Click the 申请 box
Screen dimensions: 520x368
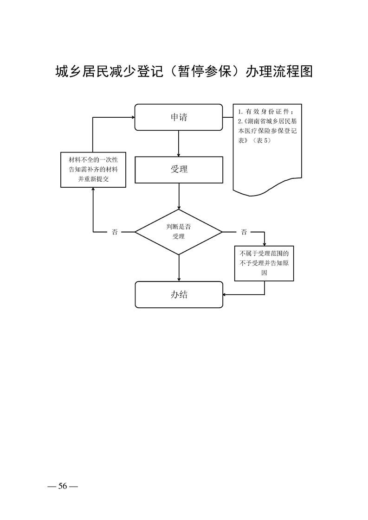click(x=179, y=117)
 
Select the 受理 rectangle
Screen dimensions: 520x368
click(x=179, y=170)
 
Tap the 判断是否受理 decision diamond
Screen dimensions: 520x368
click(x=179, y=231)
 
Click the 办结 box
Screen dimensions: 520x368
click(x=179, y=294)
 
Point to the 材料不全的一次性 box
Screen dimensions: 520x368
click(x=93, y=170)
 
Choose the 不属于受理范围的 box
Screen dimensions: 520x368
click(x=264, y=263)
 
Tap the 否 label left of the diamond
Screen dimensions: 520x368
click(x=115, y=232)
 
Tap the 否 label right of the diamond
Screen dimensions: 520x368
click(x=244, y=232)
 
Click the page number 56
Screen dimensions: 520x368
click(x=62, y=486)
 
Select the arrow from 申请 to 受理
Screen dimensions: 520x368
click(x=179, y=143)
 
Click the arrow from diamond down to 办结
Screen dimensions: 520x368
click(x=179, y=268)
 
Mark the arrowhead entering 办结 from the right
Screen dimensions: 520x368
click(x=226, y=294)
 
